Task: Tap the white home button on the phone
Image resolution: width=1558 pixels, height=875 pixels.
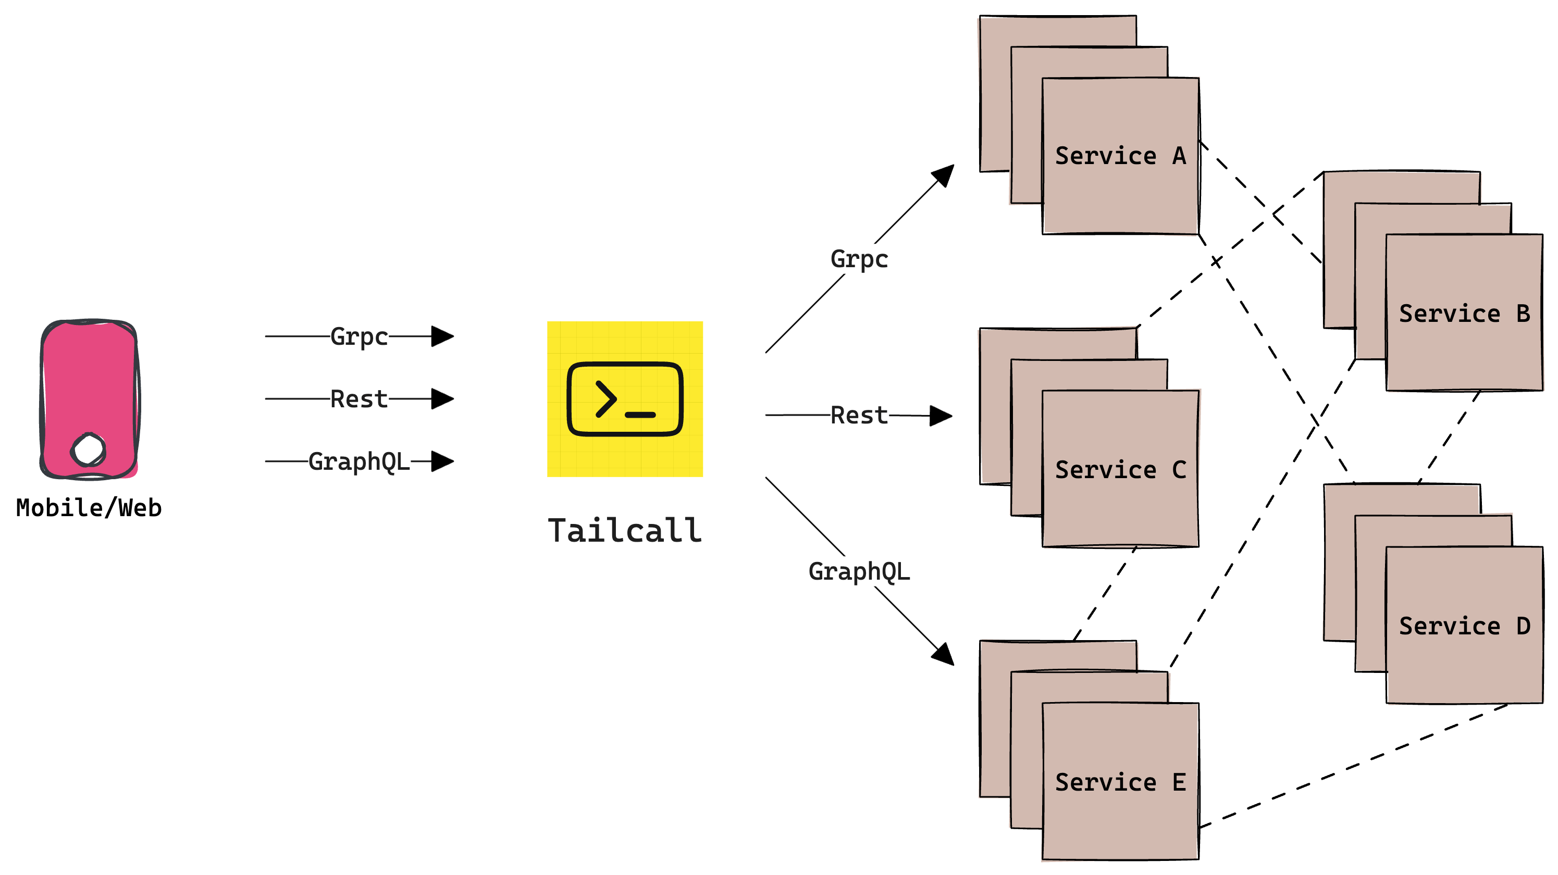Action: pyautogui.click(x=89, y=449)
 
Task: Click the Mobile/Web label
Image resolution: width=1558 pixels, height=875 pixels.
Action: pyautogui.click(x=89, y=508)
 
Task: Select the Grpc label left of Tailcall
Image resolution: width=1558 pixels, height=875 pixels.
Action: pyautogui.click(x=358, y=336)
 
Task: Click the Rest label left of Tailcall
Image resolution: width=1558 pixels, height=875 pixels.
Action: pyautogui.click(x=358, y=399)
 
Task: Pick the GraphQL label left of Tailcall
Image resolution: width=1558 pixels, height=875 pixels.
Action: pyautogui.click(x=358, y=462)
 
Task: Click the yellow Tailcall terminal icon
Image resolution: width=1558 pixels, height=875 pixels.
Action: pyautogui.click(x=625, y=399)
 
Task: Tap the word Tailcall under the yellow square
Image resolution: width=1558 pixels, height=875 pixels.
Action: pyautogui.click(x=625, y=531)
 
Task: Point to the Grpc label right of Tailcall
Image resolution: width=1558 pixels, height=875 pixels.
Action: pyautogui.click(x=859, y=259)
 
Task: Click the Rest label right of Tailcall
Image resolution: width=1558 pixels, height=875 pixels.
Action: pyautogui.click(x=859, y=416)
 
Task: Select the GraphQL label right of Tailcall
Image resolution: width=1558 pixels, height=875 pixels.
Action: pyautogui.click(x=859, y=571)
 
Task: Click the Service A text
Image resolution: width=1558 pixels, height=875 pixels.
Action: pyautogui.click(x=1120, y=156)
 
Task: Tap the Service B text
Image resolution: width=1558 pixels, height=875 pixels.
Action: pyautogui.click(x=1464, y=313)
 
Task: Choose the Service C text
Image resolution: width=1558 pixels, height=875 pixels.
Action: pyautogui.click(x=1120, y=470)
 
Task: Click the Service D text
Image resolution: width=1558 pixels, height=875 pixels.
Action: pyautogui.click(x=1464, y=626)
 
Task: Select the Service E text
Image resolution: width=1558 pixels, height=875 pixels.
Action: pyautogui.click(x=1120, y=782)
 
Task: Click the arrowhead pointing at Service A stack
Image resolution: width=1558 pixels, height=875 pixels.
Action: pyautogui.click(x=944, y=175)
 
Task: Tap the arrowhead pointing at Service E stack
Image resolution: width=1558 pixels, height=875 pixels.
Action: pyautogui.click(x=944, y=655)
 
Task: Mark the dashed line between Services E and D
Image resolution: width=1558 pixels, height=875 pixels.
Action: pyautogui.click(x=1355, y=765)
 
